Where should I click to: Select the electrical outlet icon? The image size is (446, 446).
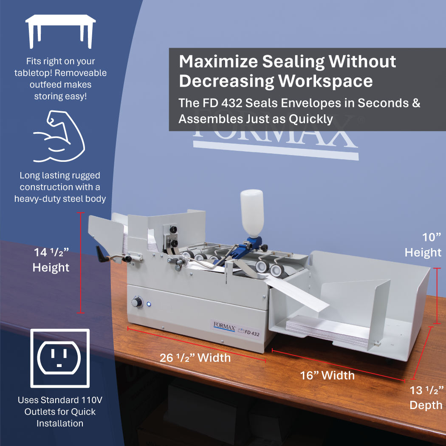click(60, 358)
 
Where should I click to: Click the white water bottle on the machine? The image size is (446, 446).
click(251, 215)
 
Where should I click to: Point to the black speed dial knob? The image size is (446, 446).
click(137, 302)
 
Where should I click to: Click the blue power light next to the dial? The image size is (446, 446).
click(149, 304)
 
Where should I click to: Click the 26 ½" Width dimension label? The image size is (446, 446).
click(195, 358)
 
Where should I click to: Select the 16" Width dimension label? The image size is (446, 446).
click(327, 375)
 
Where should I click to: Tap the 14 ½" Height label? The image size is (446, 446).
click(51, 260)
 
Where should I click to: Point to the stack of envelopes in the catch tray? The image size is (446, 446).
click(327, 331)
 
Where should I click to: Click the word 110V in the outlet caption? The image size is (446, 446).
click(92, 400)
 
